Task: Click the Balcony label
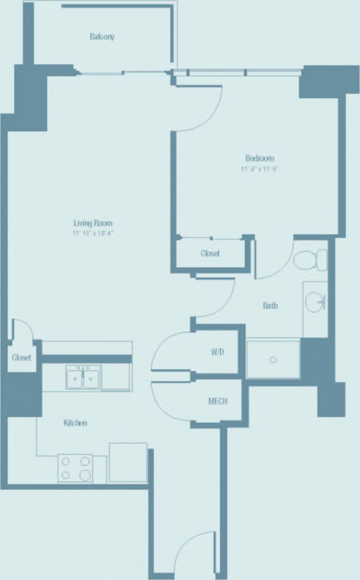(102, 36)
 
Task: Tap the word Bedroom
(259, 158)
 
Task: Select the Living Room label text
(93, 223)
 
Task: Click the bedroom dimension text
(259, 169)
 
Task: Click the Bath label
(270, 306)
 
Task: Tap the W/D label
(217, 352)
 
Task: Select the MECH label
(217, 401)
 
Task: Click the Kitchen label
(75, 423)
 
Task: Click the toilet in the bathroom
(311, 259)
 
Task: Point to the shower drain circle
(274, 360)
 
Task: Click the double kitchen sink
(83, 377)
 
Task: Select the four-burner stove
(75, 468)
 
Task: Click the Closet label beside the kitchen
(22, 358)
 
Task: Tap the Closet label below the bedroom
(210, 254)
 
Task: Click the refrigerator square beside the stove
(128, 462)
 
